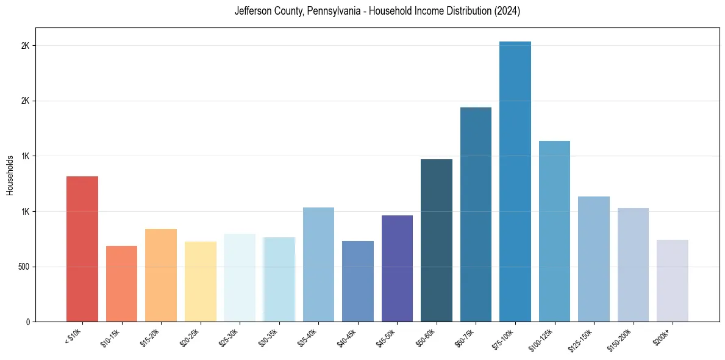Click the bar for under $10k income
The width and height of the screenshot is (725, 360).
[82, 249]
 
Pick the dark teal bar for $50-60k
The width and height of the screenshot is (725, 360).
[436, 240]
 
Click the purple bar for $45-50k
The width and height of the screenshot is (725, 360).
[397, 268]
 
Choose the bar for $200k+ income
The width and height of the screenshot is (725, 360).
[672, 281]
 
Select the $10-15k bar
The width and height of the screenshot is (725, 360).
[121, 284]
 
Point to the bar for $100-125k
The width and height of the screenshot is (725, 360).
[554, 231]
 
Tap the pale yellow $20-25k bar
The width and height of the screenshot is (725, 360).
[200, 281]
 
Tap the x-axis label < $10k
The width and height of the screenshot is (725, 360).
[74, 336]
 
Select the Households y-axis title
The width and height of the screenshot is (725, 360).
[10, 175]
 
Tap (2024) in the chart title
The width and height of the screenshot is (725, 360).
[507, 11]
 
